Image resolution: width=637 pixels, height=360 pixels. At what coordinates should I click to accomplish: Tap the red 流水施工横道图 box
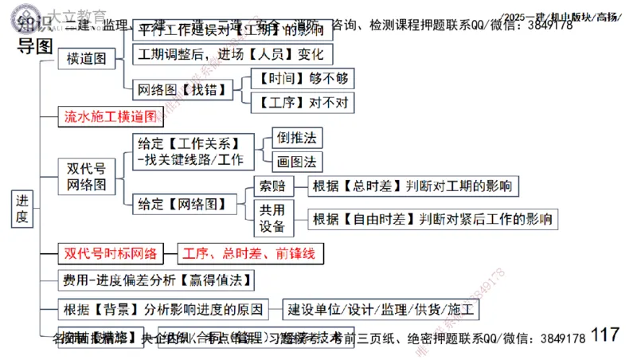point(110,116)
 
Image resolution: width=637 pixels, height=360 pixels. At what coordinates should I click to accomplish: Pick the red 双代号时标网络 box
point(110,255)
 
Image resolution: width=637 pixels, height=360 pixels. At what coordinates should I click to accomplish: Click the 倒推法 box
point(296,138)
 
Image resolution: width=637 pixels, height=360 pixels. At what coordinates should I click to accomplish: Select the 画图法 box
point(296,162)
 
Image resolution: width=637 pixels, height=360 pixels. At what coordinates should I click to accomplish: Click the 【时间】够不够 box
point(301,78)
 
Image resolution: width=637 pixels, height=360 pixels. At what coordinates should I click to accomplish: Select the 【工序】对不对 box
point(301,102)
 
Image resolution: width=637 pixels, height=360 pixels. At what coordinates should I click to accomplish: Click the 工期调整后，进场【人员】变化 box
point(231,55)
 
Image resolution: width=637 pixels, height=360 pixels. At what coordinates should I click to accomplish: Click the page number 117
point(606,335)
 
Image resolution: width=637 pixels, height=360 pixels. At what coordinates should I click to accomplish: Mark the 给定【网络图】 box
point(188,204)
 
